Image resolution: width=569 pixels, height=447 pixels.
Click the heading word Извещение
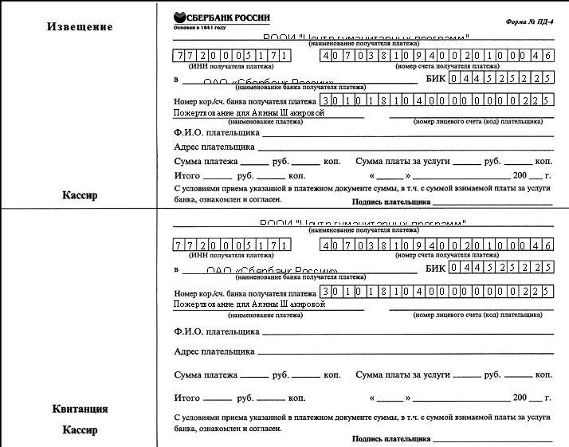click(79, 26)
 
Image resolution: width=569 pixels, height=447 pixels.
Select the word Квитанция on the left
click(80, 410)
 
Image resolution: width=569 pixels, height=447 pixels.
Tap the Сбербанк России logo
click(222, 18)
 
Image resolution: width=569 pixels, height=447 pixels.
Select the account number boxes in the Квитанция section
click(437, 245)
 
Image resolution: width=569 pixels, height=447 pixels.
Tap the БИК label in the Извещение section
click(436, 79)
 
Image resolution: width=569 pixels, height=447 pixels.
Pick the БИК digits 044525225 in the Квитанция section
click(501, 268)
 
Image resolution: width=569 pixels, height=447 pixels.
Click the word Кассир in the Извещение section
click(80, 195)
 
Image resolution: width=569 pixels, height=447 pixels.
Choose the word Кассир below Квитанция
click(80, 430)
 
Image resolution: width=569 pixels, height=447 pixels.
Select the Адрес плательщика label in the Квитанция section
click(214, 351)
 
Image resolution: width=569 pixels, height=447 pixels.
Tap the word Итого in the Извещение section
click(186, 175)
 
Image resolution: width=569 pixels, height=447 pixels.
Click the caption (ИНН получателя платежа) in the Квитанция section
click(230, 257)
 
